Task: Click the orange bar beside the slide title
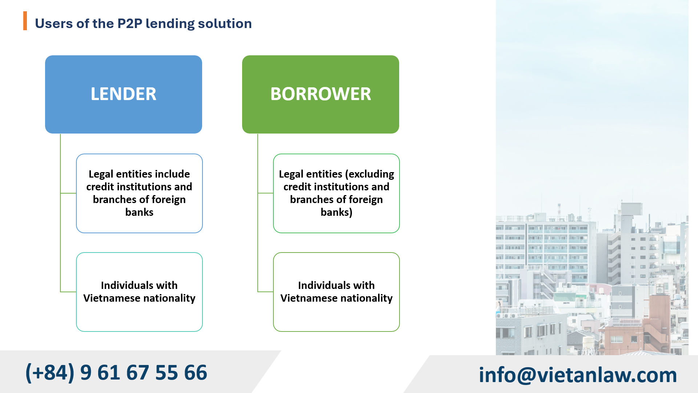pyautogui.click(x=25, y=21)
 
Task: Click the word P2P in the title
pyautogui.click(x=129, y=24)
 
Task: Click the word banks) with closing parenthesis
pyautogui.click(x=336, y=212)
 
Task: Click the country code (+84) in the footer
pyautogui.click(x=50, y=373)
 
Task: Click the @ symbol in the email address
pyautogui.click(x=526, y=375)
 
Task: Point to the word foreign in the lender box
pyautogui.click(x=170, y=199)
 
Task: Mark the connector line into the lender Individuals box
pyautogui.click(x=68, y=292)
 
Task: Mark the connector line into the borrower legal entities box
pyautogui.click(x=265, y=193)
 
